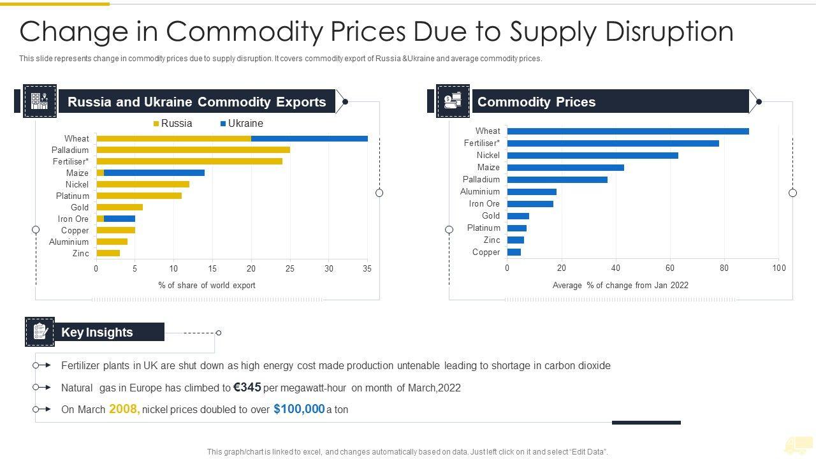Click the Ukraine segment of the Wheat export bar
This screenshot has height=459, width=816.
[309, 138]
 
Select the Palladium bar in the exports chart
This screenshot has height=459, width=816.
[193, 150]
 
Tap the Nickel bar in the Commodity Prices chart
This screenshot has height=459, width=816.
[592, 155]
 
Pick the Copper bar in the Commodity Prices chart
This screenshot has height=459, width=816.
[514, 252]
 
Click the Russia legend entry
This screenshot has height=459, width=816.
[173, 124]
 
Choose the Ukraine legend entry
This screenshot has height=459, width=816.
[242, 124]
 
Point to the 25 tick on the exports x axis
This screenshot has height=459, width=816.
[290, 269]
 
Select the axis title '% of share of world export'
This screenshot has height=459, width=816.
[207, 286]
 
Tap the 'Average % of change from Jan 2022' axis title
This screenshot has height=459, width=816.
[620, 286]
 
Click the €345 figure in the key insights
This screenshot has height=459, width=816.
[247, 387]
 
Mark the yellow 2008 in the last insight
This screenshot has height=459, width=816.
[124, 409]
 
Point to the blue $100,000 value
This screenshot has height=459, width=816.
[299, 409]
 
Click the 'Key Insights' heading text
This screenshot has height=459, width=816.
[97, 332]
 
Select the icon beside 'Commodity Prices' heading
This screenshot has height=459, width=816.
[453, 101]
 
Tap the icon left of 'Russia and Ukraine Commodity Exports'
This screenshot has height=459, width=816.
[40, 101]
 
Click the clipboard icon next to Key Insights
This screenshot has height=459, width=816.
[40, 331]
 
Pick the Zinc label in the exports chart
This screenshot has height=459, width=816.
[80, 253]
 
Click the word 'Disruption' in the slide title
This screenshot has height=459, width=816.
[669, 32]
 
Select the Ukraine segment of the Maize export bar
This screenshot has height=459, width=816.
[154, 173]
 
